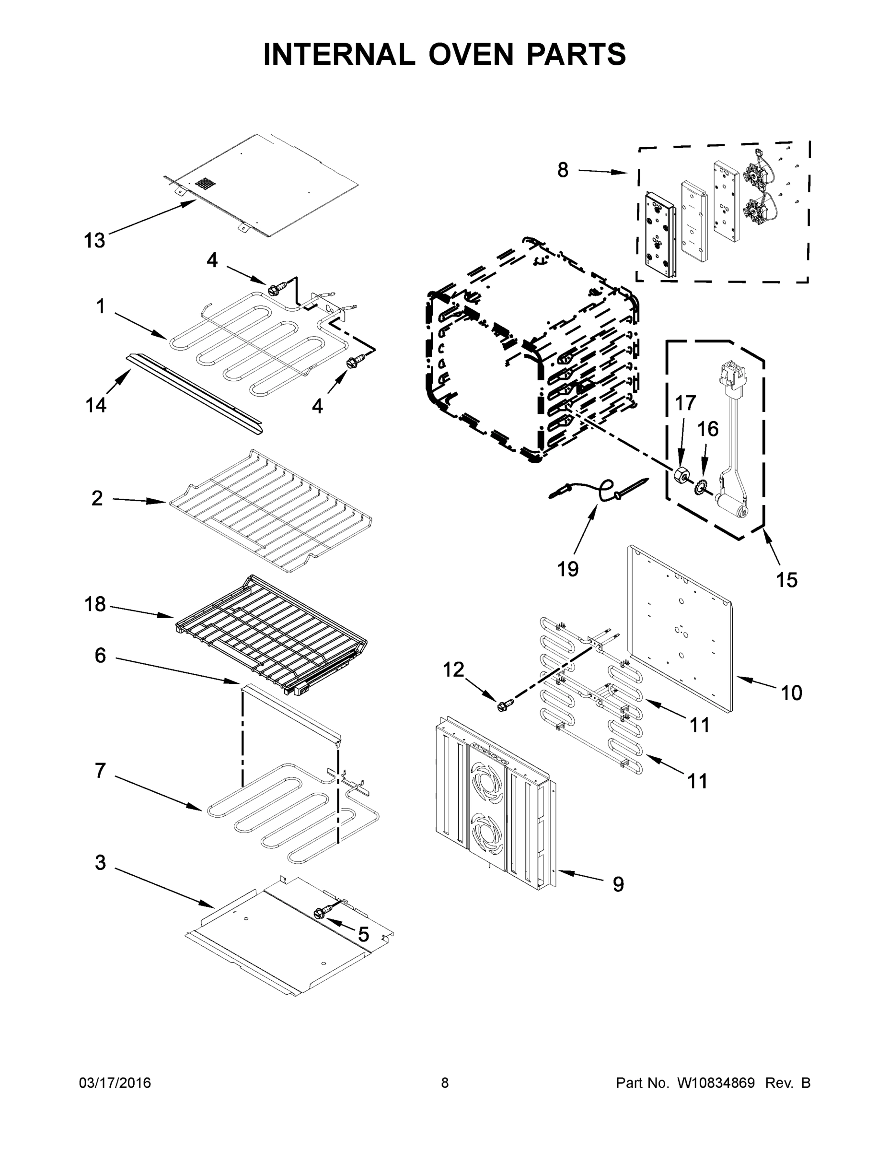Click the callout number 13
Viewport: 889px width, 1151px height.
(95, 241)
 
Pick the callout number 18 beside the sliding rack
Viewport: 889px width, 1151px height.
(95, 604)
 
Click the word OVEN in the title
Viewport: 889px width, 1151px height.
(470, 55)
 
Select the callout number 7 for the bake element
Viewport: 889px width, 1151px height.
(100, 771)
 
